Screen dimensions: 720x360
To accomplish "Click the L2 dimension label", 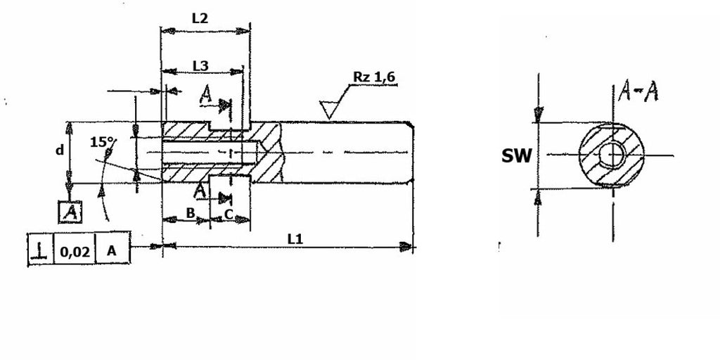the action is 200,18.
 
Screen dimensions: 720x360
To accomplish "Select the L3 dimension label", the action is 200,66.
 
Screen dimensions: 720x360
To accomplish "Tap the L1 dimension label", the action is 295,239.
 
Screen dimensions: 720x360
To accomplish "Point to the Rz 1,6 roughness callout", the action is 374,77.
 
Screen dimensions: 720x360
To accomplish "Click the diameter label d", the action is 60,150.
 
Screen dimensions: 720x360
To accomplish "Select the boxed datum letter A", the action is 70,212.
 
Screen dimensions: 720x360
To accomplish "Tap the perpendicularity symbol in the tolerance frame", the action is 41,250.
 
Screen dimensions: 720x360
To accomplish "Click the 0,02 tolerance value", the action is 75,251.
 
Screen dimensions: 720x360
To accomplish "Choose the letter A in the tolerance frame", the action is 112,251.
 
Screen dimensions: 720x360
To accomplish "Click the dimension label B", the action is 191,212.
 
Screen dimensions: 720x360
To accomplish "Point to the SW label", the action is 517,156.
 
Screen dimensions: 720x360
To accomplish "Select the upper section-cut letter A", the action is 206,96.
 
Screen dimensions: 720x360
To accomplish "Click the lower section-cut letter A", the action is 200,191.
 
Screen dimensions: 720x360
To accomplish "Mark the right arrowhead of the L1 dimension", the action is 406,247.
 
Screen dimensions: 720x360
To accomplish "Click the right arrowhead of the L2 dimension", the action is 242,31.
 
